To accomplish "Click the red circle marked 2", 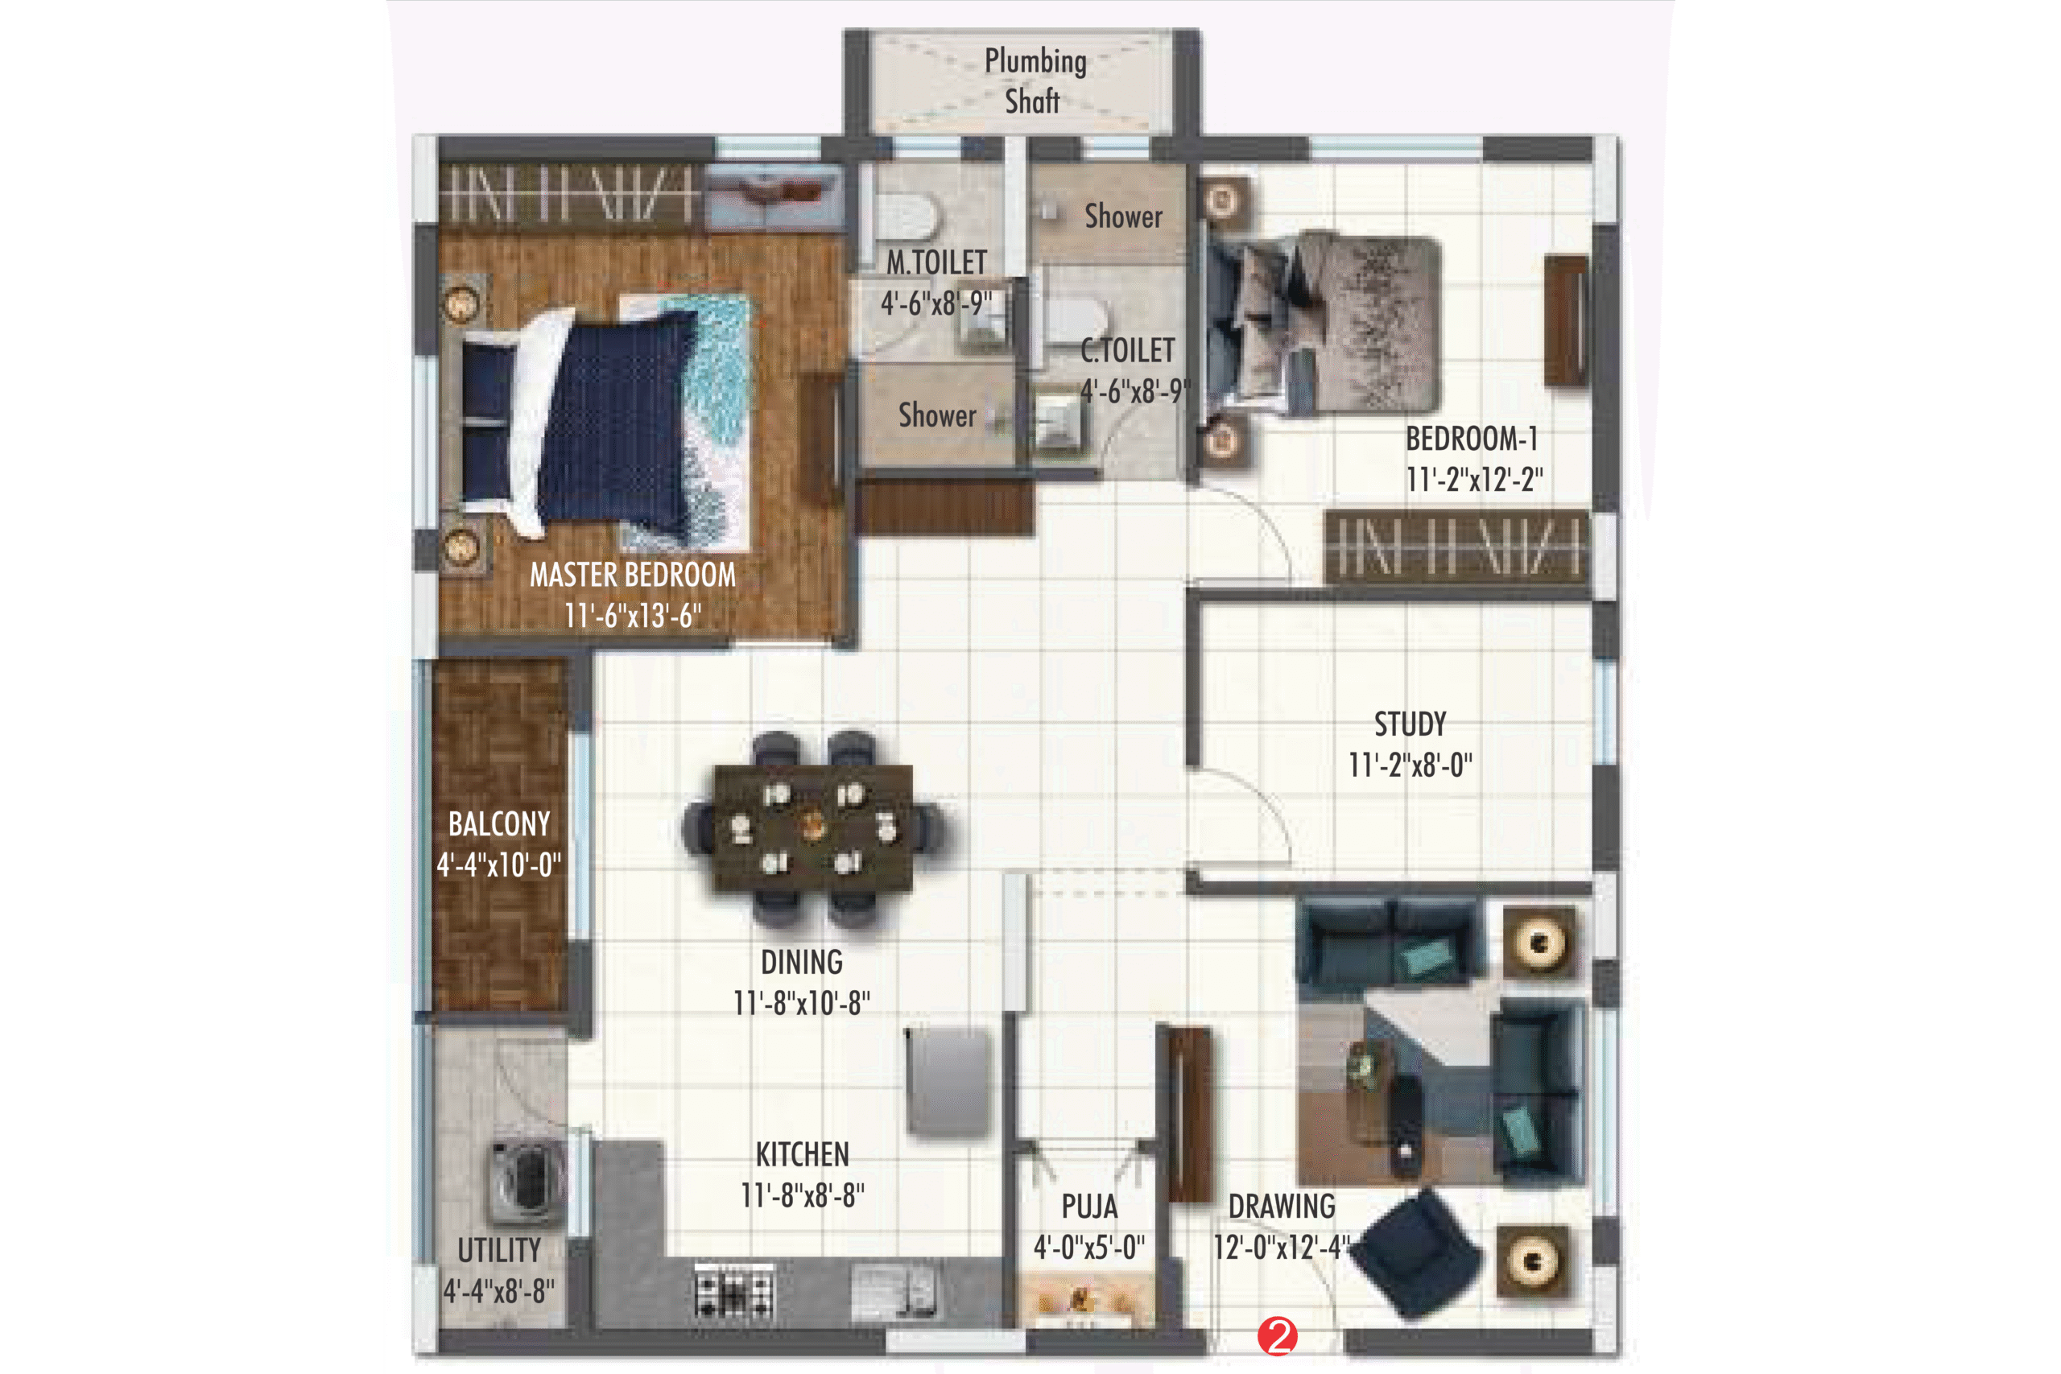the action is point(1277,1336).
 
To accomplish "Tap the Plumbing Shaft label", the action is point(1035,80).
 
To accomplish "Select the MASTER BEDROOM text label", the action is point(633,575).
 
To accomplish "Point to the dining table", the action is point(812,827).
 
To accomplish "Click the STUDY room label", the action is point(1410,724).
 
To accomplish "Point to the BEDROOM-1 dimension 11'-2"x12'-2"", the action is point(1475,479).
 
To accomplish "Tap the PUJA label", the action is point(1089,1207).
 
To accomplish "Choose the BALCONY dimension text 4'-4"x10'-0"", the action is point(498,864).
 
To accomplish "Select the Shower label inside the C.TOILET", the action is point(1123,216).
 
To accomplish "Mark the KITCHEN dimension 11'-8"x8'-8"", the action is point(802,1195).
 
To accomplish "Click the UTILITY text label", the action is point(498,1251).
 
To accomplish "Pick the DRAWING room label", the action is point(1281,1207).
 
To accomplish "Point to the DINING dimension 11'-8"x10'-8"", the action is point(802,1002).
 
